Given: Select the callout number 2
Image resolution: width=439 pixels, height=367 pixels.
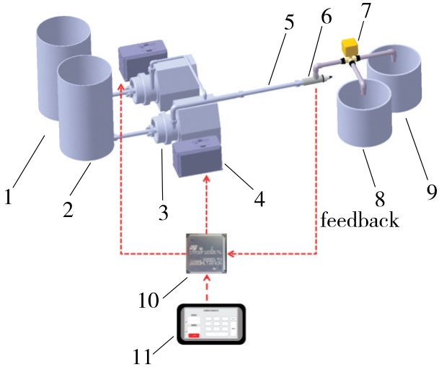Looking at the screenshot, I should [x=68, y=211].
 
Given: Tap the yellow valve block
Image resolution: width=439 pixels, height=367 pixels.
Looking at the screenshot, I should [x=350, y=48].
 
